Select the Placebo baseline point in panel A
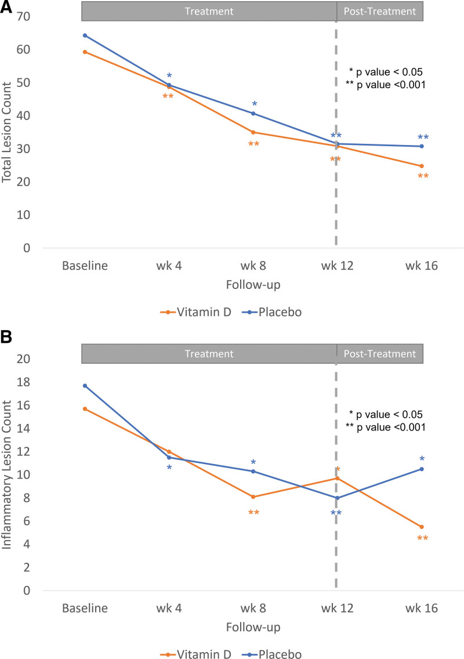(x=85, y=35)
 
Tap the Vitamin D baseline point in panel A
(x=85, y=52)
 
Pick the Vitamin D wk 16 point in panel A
(x=421, y=166)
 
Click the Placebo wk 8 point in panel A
(x=253, y=113)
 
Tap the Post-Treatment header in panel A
(x=380, y=11)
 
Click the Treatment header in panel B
(x=209, y=354)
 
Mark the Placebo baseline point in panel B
(x=85, y=386)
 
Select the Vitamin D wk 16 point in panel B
(x=421, y=527)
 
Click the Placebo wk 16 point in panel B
(x=421, y=469)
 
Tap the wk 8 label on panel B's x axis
(x=253, y=609)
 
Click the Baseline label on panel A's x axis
(x=85, y=267)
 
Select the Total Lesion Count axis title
(x=8, y=132)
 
